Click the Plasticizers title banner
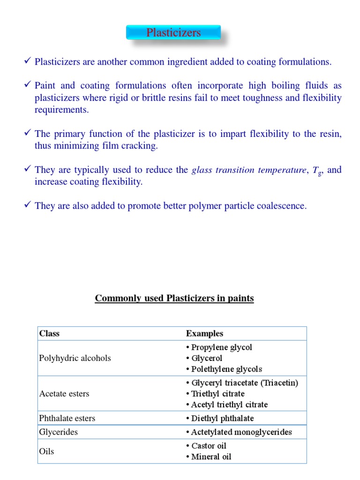173,33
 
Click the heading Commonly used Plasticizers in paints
174,299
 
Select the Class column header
49,334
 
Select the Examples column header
204,334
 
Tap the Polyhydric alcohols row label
75,358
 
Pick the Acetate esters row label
64,394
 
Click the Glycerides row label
59,432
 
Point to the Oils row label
46,451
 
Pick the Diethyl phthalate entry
222,419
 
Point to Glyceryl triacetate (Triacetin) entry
244,383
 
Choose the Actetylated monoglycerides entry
241,432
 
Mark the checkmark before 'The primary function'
28,134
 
